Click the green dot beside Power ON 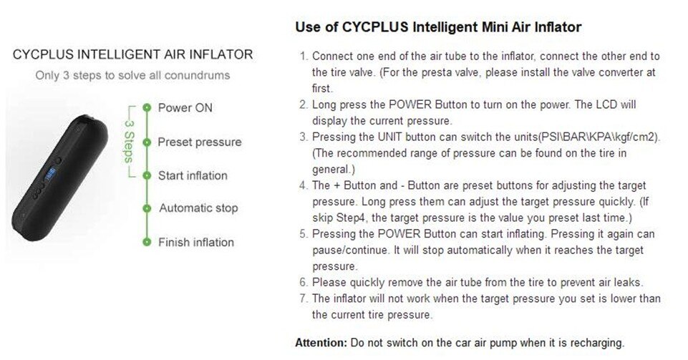[x=147, y=108]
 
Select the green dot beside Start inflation [x=147, y=175]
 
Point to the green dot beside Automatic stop [x=147, y=208]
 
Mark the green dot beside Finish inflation [x=147, y=242]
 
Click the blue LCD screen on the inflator [x=49, y=175]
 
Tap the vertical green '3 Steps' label [x=129, y=141]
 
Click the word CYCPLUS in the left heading [x=43, y=54]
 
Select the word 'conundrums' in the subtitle [x=197, y=75]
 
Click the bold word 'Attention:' [x=321, y=342]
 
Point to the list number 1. [x=304, y=57]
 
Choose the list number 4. [x=304, y=185]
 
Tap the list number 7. [x=304, y=298]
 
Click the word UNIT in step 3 [x=389, y=137]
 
